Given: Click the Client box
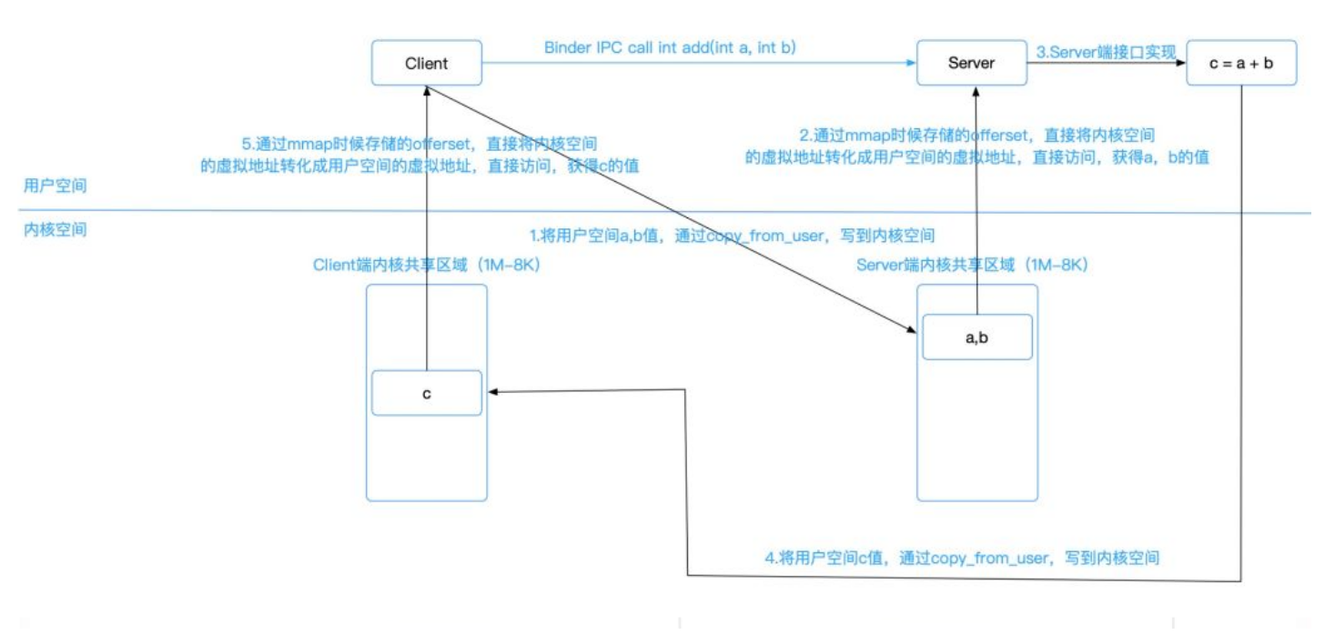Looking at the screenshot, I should pos(426,64).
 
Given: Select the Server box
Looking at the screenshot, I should pos(971,64).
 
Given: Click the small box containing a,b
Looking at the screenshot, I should pos(976,338).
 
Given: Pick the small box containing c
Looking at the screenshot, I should pos(426,393).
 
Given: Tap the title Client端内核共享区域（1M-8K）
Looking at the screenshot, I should pos(427,265).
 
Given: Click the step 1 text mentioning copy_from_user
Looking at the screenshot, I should pos(733,236).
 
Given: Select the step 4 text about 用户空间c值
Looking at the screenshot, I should pos(965,558).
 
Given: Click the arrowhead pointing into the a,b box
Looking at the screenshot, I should pos(912,331).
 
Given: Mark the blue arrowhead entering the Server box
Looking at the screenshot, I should pos(910,64).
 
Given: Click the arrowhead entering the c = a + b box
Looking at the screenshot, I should pos(1181,64).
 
